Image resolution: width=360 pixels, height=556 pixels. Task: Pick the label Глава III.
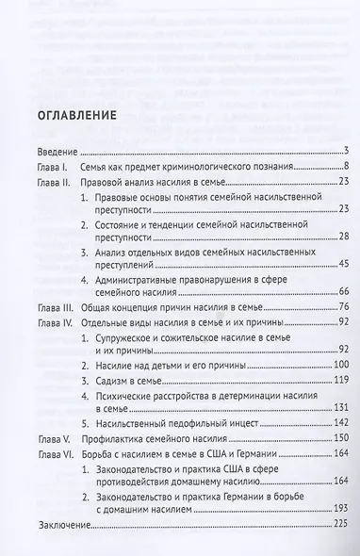[x=57, y=306]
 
